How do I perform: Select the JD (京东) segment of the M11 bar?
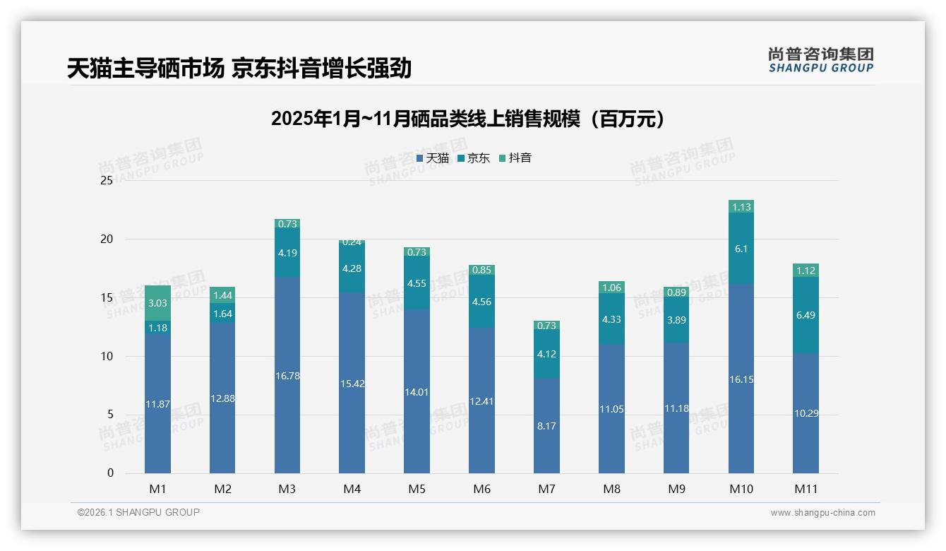click(x=806, y=315)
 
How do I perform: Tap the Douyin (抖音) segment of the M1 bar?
click(x=157, y=303)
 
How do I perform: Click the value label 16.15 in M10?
click(x=741, y=379)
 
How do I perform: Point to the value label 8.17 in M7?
click(x=546, y=426)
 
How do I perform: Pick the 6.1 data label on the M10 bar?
click(x=741, y=249)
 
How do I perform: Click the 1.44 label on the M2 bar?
click(x=222, y=295)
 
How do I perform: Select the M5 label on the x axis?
click(x=417, y=489)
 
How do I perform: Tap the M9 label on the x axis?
click(x=676, y=489)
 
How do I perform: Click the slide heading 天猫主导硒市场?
click(x=239, y=69)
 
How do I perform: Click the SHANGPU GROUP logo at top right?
click(x=820, y=60)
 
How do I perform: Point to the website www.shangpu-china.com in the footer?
click(x=822, y=513)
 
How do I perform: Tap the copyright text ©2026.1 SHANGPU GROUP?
click(x=138, y=512)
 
